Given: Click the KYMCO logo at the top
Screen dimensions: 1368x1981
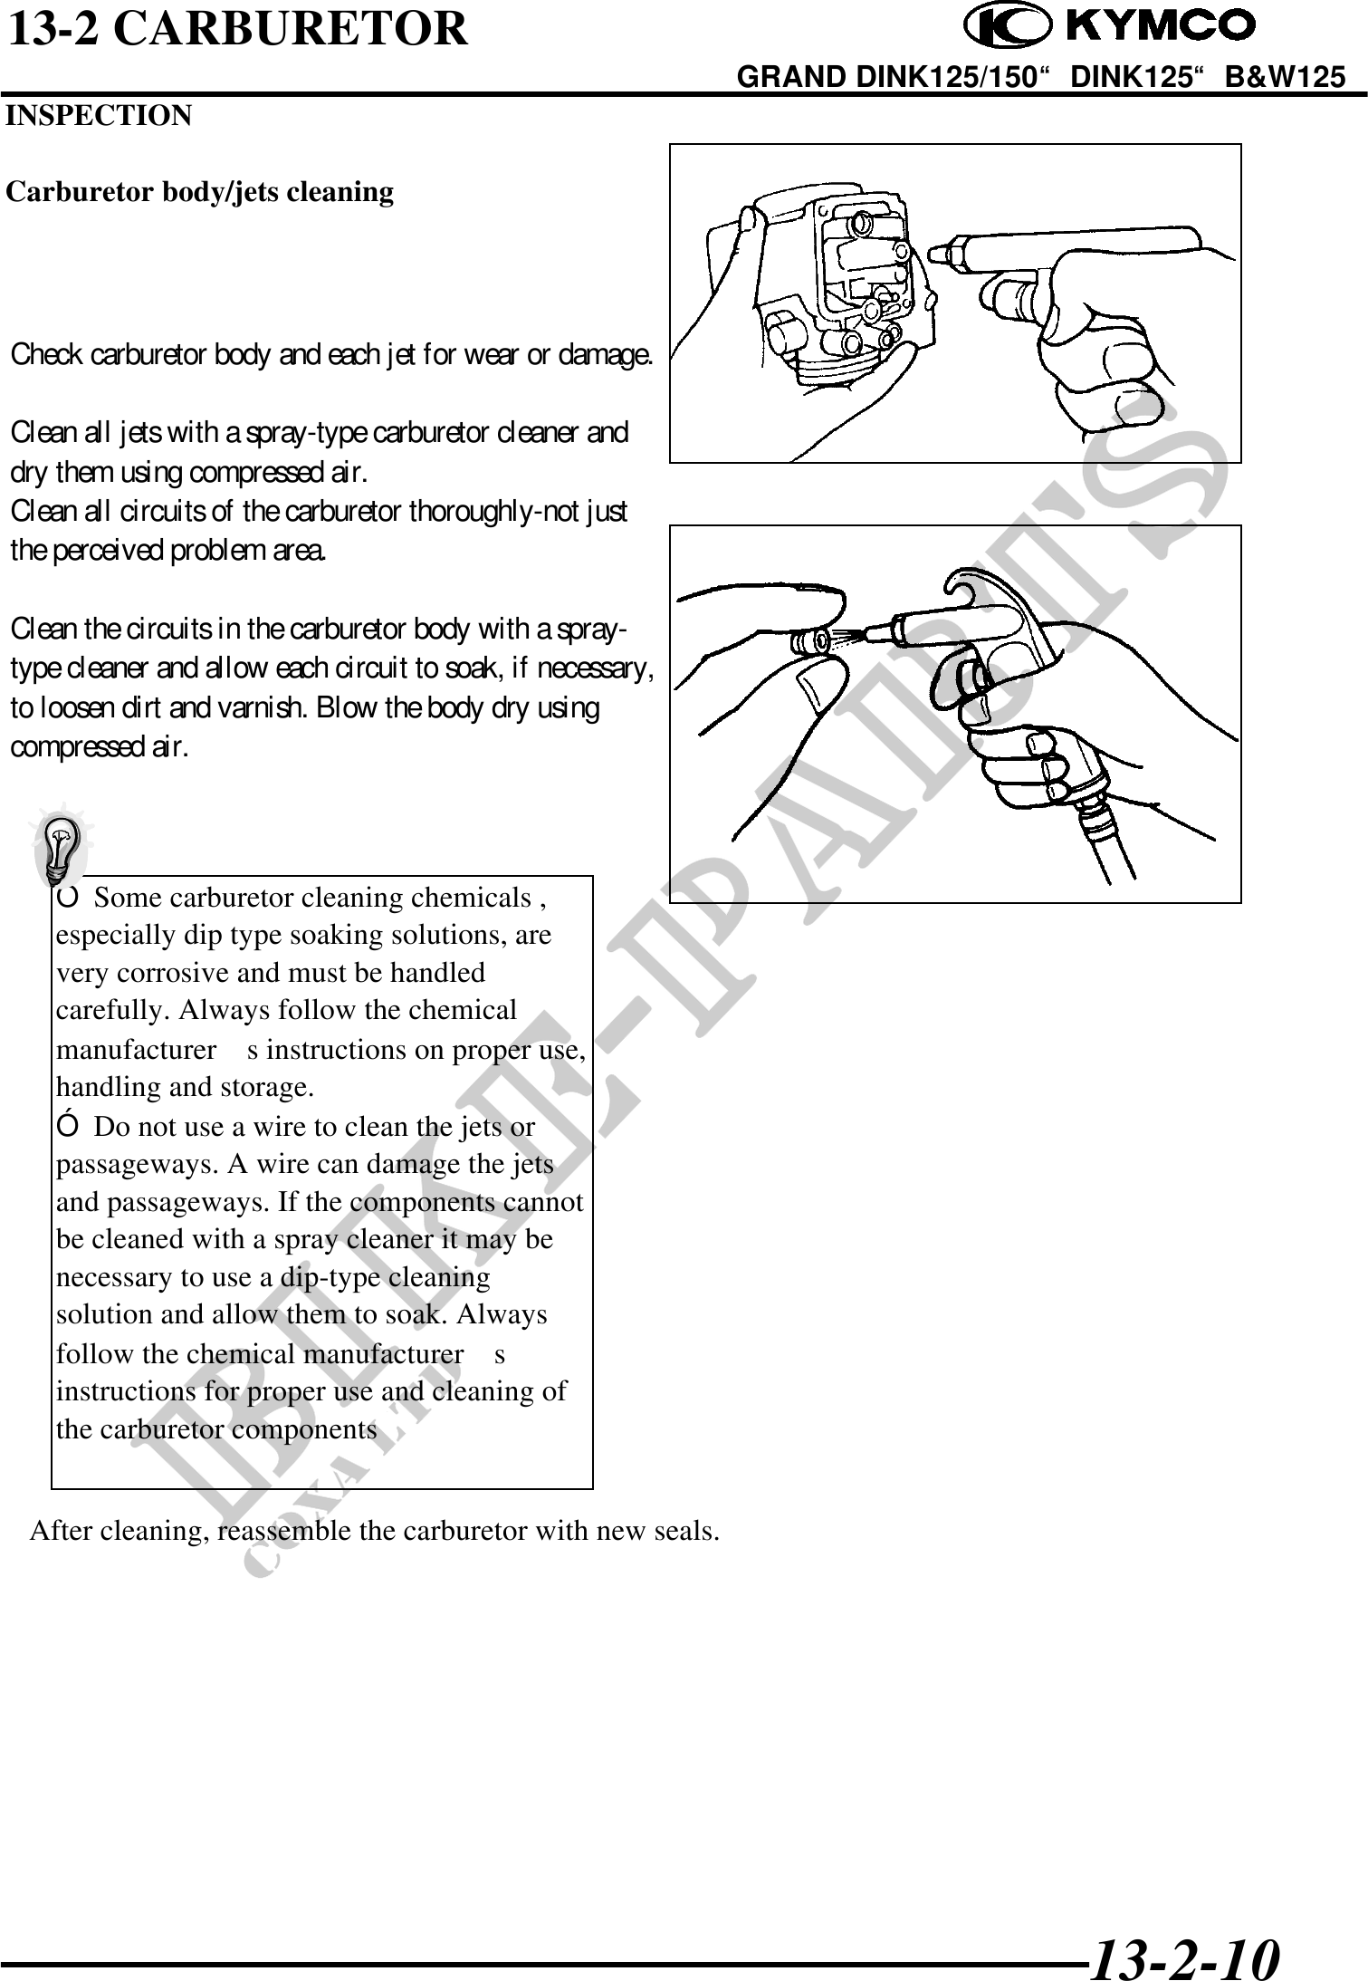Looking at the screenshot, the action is [x=1110, y=27].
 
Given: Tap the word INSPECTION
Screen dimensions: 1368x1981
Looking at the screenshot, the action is [x=99, y=116].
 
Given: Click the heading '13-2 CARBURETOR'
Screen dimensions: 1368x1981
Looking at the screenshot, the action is [x=238, y=29].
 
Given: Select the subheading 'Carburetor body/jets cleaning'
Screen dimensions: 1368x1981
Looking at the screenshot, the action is [x=200, y=192].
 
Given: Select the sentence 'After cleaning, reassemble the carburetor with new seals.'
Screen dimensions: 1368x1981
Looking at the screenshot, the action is [x=376, y=1531].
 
